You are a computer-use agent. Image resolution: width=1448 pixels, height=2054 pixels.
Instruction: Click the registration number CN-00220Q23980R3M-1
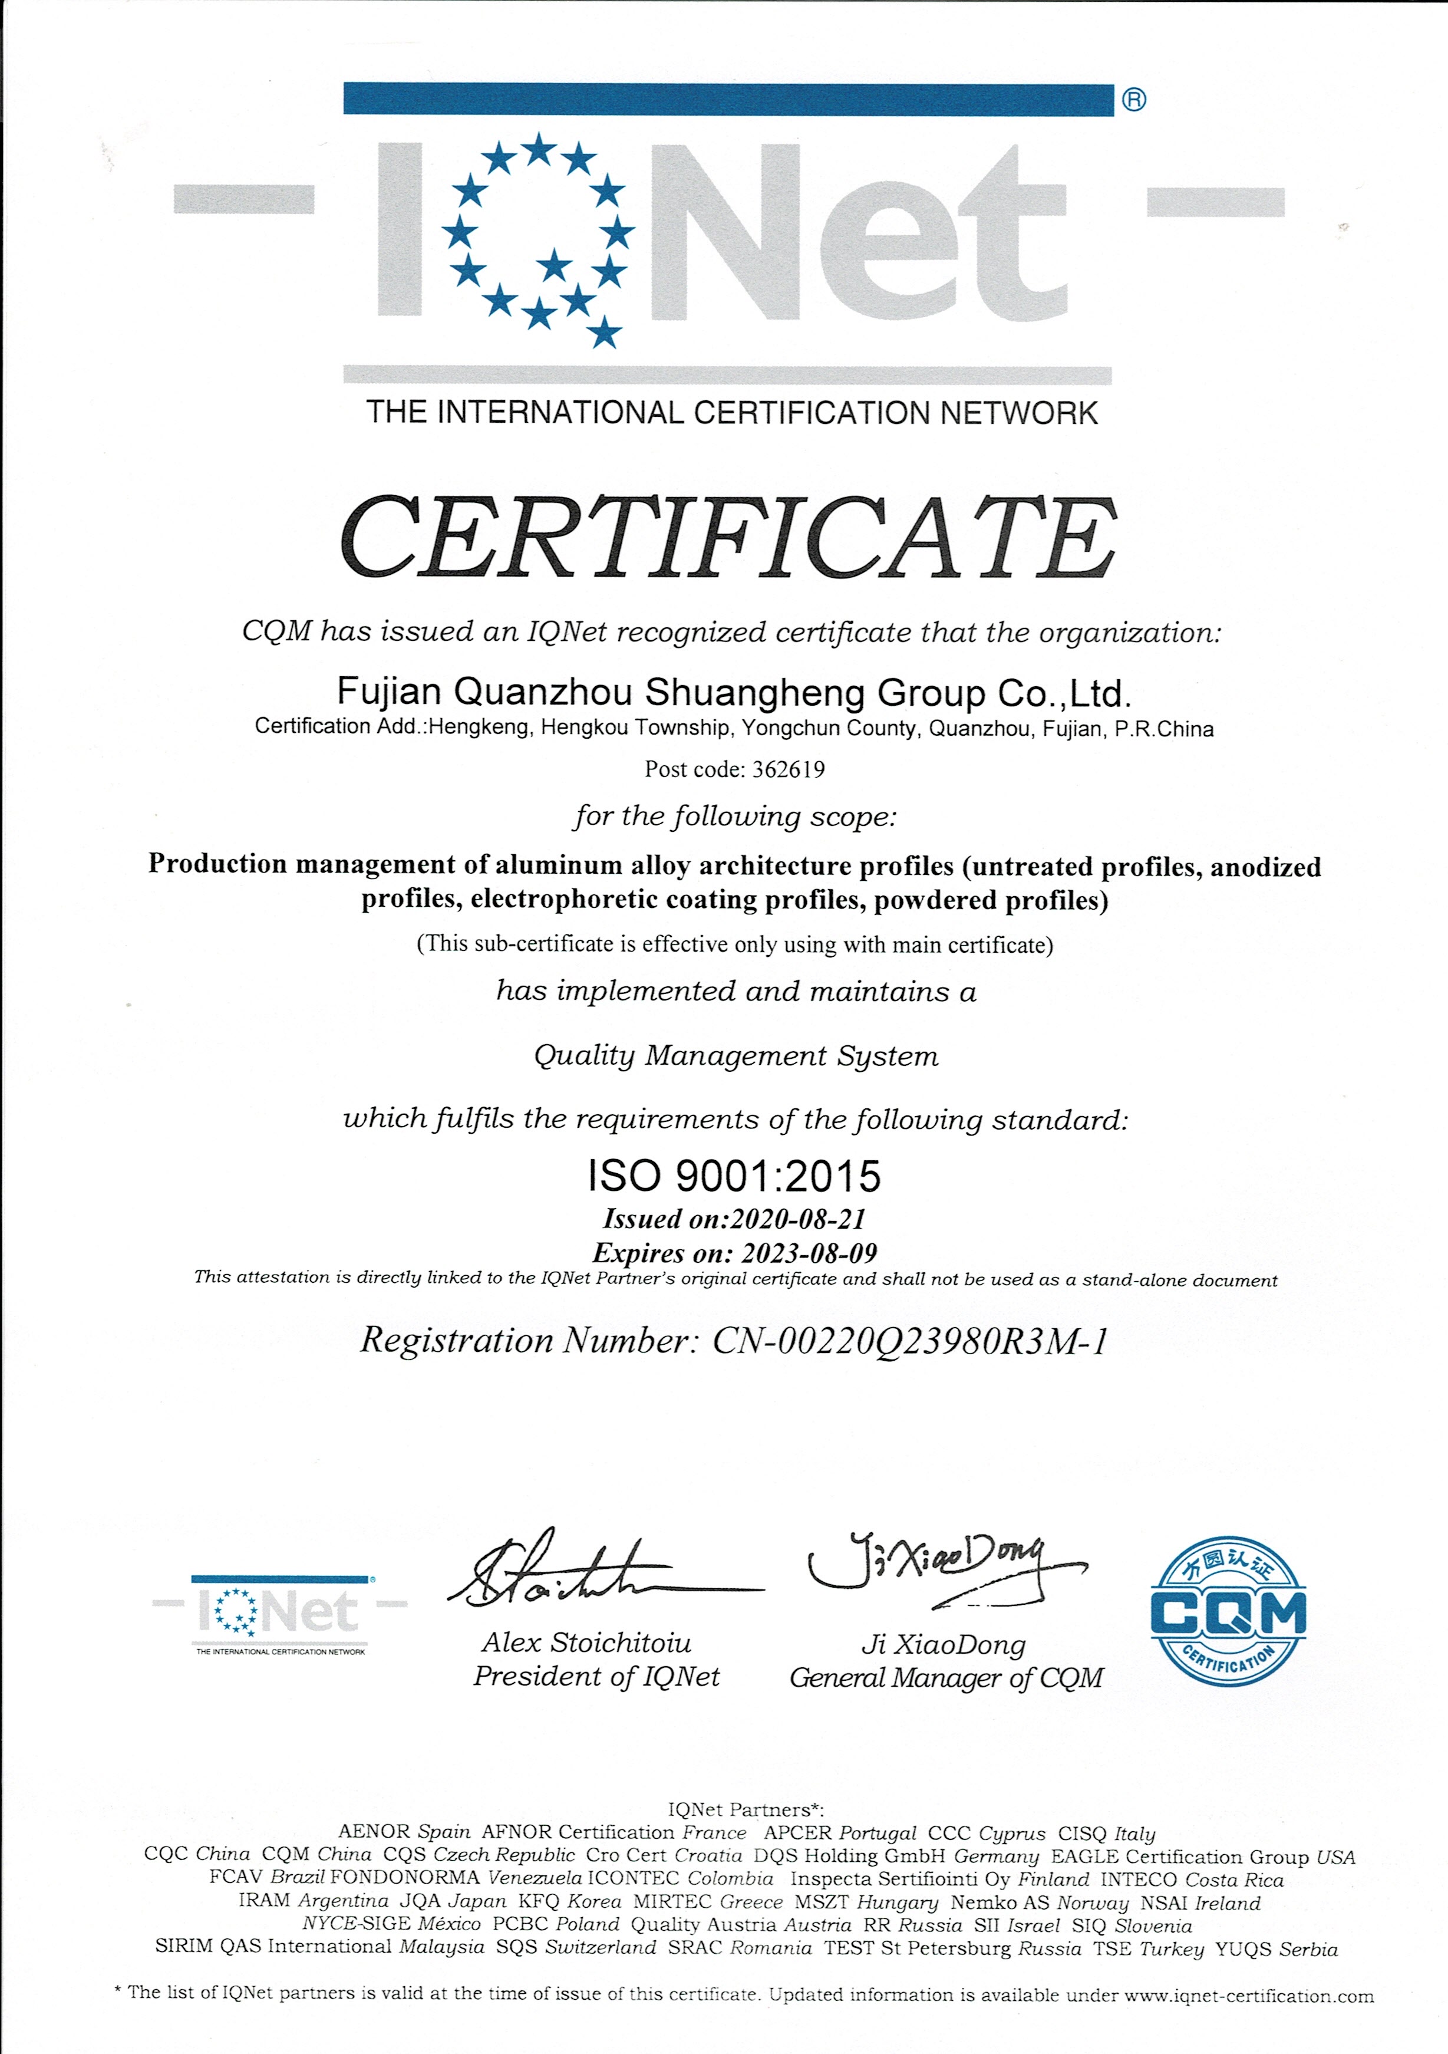tap(909, 1340)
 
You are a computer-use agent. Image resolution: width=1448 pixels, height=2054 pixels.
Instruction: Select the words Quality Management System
tap(736, 1056)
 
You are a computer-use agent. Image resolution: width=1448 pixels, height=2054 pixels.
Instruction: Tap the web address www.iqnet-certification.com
tap(1249, 1995)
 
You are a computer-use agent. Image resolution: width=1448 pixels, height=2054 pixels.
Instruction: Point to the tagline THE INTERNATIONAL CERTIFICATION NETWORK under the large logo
tap(731, 413)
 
